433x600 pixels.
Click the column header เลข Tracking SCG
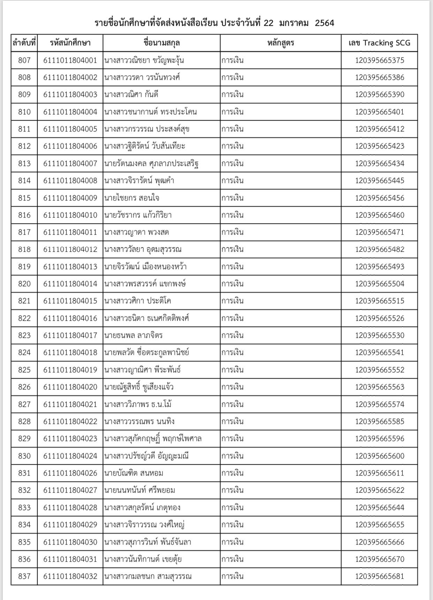[379, 43]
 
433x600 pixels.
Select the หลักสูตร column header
[281, 43]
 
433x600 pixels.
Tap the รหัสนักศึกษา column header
[70, 43]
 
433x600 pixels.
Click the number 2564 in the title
[324, 23]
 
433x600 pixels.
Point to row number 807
[24, 60]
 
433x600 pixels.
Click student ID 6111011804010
[70, 215]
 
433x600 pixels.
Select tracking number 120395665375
[379, 60]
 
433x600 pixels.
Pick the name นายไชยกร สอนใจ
[132, 198]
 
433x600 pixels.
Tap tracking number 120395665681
[379, 576]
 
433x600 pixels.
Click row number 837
[24, 576]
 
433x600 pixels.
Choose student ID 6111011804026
[70, 473]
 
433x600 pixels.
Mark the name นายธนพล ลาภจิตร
[133, 335]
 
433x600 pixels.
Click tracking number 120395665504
[379, 284]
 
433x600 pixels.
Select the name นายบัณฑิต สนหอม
[134, 473]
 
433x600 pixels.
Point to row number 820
[24, 284]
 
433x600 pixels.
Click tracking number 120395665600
[379, 456]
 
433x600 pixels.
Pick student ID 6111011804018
[70, 352]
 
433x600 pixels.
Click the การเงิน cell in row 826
[232, 387]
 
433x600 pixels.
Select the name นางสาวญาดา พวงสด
[136, 232]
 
